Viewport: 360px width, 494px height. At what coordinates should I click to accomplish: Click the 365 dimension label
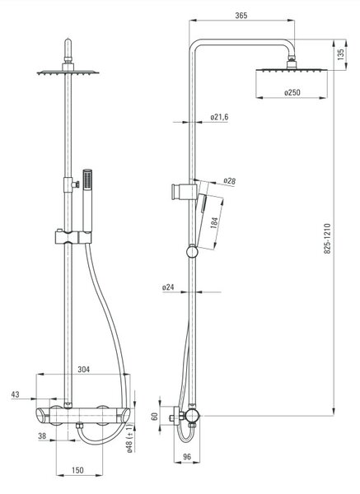point(241,15)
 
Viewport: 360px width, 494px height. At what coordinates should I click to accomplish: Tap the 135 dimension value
point(341,54)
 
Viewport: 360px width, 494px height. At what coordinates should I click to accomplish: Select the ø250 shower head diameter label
point(292,92)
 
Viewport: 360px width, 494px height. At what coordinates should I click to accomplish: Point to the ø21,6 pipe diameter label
point(219,117)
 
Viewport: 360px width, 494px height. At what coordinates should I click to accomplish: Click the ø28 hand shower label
point(230,181)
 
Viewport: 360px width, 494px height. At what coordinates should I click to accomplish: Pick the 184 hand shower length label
point(215,223)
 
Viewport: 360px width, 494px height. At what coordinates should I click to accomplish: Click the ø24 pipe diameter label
point(168,287)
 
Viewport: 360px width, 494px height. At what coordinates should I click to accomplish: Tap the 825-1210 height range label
point(328,239)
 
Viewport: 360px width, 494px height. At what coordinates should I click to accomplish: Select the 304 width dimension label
point(83,369)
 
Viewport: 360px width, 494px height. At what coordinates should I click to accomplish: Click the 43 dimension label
point(15,394)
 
